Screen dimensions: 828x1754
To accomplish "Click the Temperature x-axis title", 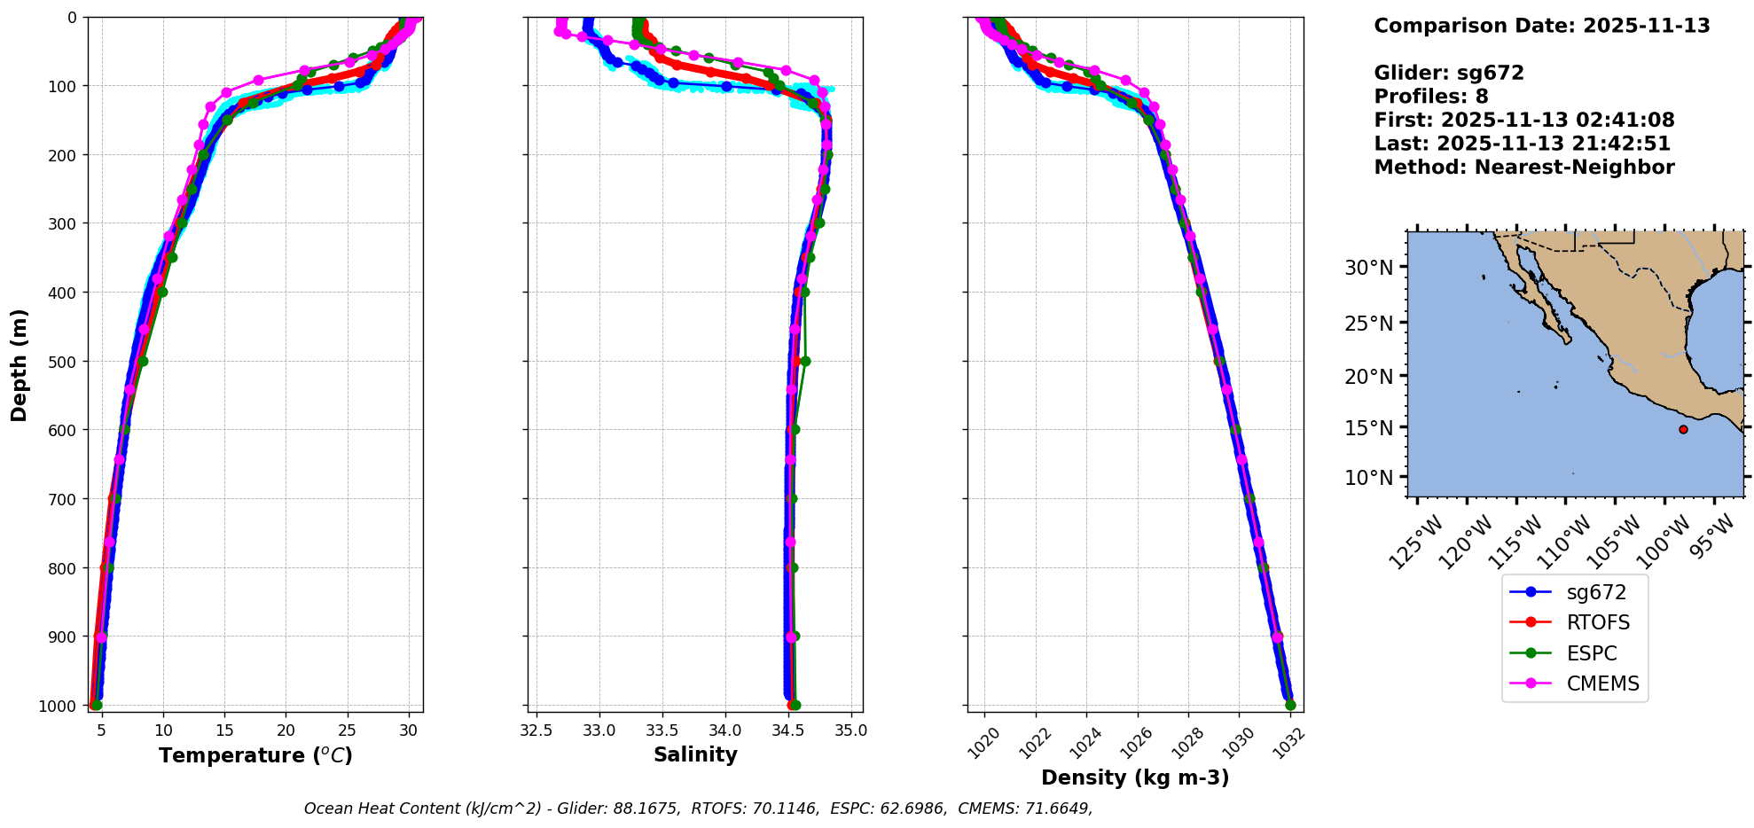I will (x=255, y=755).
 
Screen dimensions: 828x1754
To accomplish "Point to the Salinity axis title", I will (x=695, y=754).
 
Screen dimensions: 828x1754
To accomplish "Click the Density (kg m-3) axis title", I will (x=1135, y=777).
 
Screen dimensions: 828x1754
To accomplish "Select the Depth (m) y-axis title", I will (x=20, y=364).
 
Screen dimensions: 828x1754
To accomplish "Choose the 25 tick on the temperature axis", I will (x=348, y=731).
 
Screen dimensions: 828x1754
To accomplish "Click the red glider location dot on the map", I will (x=1683, y=429).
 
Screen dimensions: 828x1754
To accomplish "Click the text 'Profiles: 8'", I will (x=1431, y=97).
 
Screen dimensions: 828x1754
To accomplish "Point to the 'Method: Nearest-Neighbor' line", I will (x=1524, y=167).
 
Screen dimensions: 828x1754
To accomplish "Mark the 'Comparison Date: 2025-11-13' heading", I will (x=1542, y=26).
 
